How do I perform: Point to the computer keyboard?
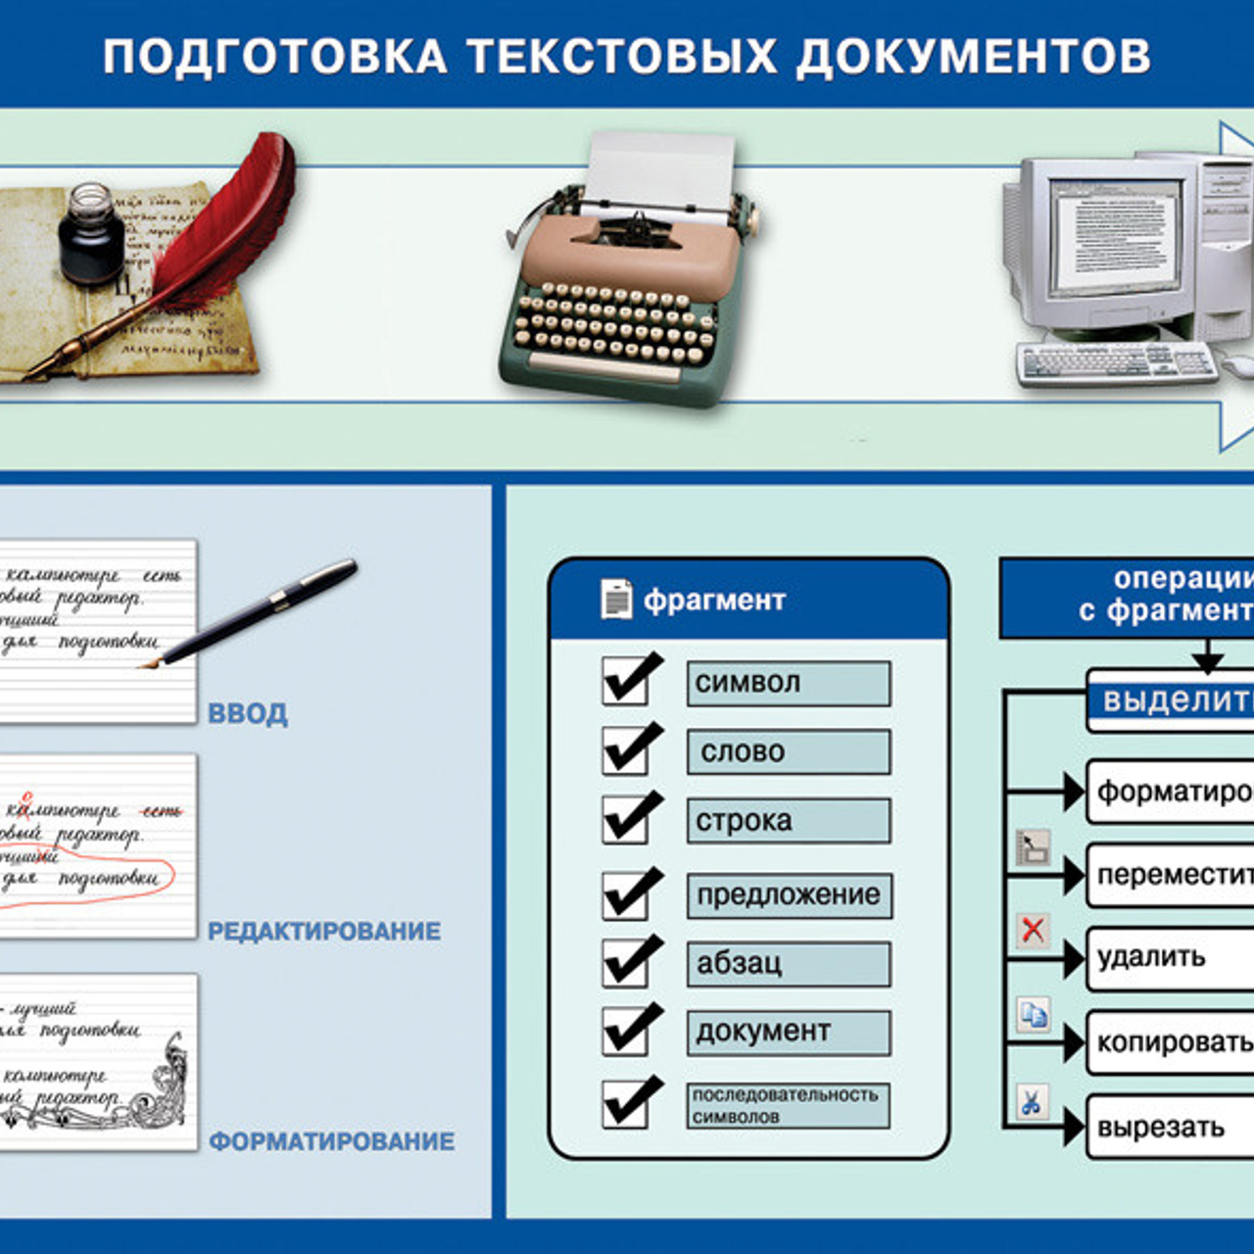click(x=1117, y=362)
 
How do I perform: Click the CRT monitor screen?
click(x=1115, y=234)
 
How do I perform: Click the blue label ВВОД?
click(x=248, y=713)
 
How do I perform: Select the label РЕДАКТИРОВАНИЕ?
click(x=324, y=931)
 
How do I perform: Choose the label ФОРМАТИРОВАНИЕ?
click(x=332, y=1141)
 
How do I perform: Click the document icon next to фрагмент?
click(x=616, y=599)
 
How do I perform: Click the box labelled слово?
click(x=789, y=751)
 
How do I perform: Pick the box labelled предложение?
click(x=789, y=894)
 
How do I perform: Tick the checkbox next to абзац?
click(x=627, y=961)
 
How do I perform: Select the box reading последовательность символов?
click(x=789, y=1105)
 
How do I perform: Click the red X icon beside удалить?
click(x=1033, y=929)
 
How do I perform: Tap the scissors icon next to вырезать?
click(x=1032, y=1101)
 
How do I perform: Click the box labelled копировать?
click(x=1171, y=1042)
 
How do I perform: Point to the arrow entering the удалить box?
click(x=1074, y=959)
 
